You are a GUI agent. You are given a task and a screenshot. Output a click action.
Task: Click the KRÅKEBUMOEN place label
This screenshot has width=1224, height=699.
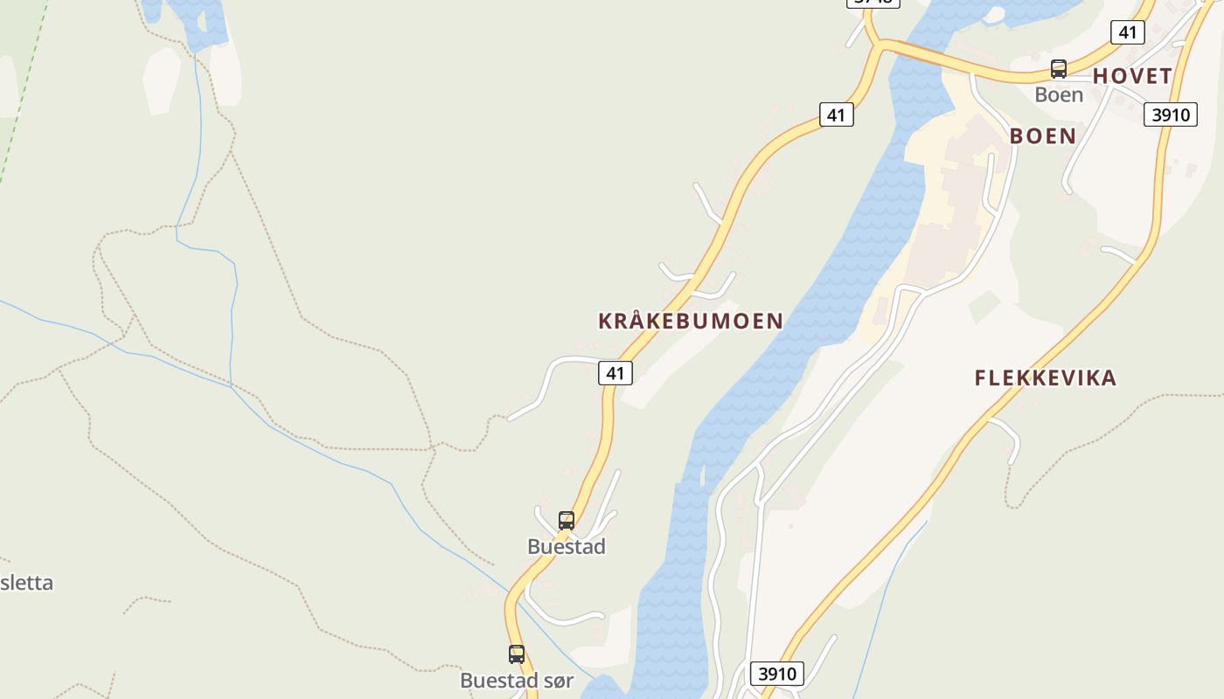(690, 321)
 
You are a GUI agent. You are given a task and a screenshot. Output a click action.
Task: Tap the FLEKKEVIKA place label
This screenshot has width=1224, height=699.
(1046, 378)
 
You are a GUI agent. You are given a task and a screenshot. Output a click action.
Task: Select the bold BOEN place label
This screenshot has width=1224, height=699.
(1042, 136)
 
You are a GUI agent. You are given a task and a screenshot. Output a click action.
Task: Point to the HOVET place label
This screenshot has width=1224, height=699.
(1132, 76)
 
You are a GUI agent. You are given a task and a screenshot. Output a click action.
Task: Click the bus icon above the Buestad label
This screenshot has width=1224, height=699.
(567, 521)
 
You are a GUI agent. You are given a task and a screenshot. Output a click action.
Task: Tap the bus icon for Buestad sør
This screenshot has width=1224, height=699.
(517, 654)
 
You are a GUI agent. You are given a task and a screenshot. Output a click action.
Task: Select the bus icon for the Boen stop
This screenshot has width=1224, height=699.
(1059, 69)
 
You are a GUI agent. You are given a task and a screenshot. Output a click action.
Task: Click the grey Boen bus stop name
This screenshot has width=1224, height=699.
(1059, 94)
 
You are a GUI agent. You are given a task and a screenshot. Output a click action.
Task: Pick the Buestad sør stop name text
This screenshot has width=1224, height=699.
(517, 680)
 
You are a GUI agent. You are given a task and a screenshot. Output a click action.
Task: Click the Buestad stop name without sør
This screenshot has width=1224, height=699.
(567, 547)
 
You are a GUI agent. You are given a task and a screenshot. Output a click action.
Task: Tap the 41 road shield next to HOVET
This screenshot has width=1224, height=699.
(1127, 32)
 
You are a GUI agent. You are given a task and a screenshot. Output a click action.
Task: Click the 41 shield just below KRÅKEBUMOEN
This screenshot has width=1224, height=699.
(615, 373)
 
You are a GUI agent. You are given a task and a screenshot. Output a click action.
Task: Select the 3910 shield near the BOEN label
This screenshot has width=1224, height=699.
(1170, 114)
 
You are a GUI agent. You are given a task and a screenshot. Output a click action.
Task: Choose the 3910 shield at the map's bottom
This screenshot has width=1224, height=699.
(777, 674)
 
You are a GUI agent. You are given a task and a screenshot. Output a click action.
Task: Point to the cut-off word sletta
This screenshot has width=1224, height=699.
(26, 583)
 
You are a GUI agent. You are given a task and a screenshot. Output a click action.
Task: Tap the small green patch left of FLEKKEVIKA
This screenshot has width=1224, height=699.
(984, 306)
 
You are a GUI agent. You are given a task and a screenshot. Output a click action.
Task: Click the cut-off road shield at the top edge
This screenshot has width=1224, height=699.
(873, 3)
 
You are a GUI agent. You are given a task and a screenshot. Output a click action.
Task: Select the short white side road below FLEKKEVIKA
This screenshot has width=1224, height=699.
(1008, 437)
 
